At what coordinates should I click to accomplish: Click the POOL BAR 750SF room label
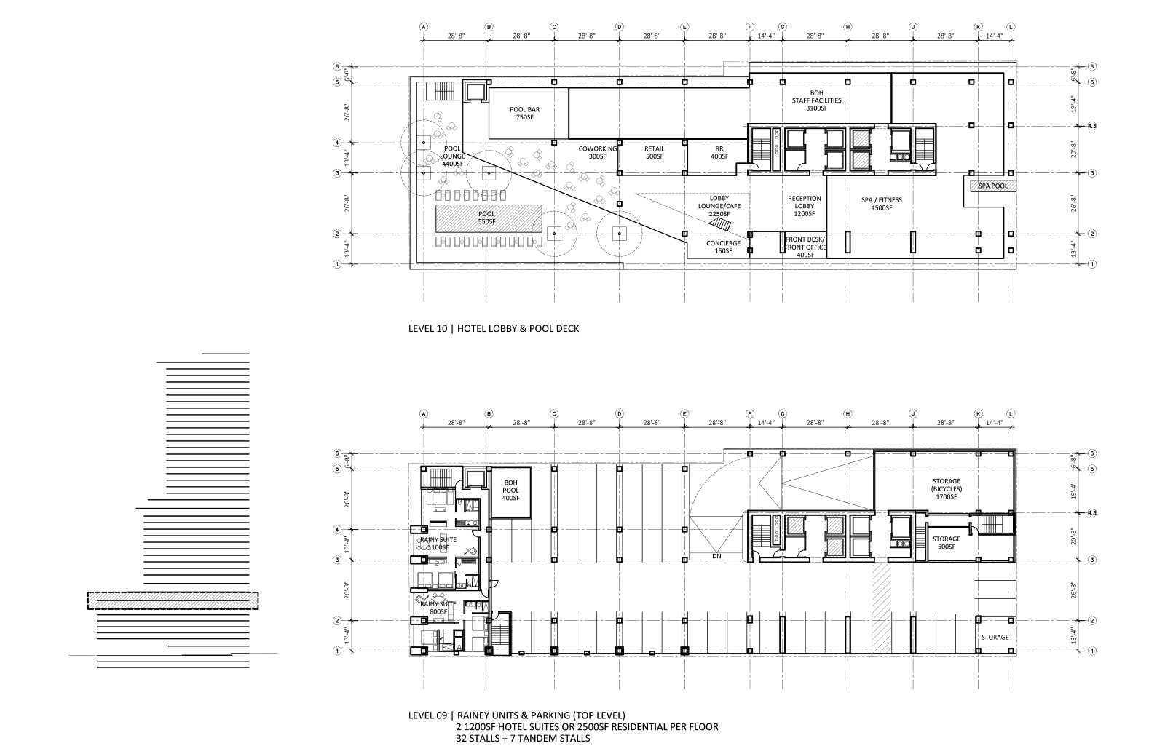[x=524, y=113]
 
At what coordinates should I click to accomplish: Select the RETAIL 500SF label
[x=654, y=152]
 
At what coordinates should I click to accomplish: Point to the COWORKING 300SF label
[x=598, y=152]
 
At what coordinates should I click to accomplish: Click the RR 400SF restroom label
[x=719, y=152]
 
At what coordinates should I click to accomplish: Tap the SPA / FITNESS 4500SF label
[x=881, y=204]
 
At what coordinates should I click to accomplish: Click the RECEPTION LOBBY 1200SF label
[x=805, y=206]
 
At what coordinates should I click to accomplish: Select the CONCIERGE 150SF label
[x=723, y=247]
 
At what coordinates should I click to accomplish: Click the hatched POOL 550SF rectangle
[x=489, y=218]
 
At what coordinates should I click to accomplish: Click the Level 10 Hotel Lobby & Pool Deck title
[x=494, y=328]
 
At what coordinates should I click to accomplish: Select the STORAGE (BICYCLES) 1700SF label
[x=947, y=489]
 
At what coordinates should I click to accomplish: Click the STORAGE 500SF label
[x=947, y=543]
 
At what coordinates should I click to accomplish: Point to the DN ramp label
[x=717, y=556]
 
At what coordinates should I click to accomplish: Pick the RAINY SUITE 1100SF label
[x=438, y=543]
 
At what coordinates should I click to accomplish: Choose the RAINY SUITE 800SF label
[x=438, y=608]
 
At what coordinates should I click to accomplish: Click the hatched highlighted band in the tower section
[x=173, y=600]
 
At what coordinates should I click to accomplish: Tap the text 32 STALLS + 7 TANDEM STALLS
[x=520, y=738]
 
